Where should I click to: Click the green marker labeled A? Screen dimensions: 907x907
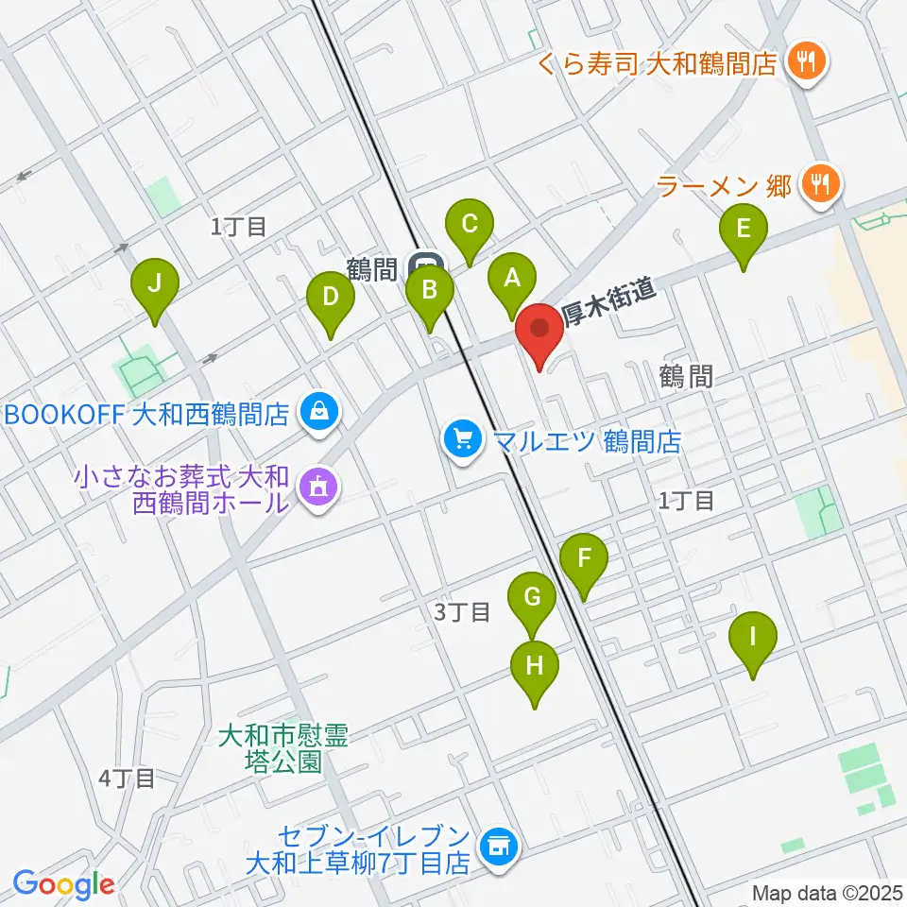coord(511,280)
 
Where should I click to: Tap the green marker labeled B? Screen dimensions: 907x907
coord(429,291)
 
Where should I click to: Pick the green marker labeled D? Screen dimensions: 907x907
coord(330,299)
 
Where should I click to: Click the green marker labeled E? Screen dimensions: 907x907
coord(744,231)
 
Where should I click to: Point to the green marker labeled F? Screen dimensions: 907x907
coord(584,558)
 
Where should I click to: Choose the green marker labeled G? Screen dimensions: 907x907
coord(532,599)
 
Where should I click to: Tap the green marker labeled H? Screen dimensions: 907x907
coord(535,667)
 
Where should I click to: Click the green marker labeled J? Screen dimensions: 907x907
coord(156,284)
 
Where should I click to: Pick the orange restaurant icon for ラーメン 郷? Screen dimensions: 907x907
coord(817,184)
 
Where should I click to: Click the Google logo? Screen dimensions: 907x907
coord(62,884)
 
